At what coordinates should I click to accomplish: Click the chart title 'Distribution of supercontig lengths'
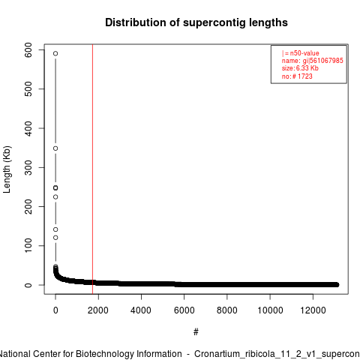point(196,22)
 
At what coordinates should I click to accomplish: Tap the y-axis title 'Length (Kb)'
point(7,169)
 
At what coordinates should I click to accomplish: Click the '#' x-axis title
point(196,332)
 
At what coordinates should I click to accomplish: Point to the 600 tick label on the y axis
point(28,50)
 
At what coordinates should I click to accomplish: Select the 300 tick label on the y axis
point(28,167)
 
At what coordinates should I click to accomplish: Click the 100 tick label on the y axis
point(28,246)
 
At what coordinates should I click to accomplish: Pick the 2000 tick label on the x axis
point(98,310)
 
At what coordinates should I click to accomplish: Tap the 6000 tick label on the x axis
point(184,310)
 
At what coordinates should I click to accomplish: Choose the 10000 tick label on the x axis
point(270,310)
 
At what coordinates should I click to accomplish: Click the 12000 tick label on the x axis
point(313,310)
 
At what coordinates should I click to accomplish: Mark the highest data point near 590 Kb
point(55,53)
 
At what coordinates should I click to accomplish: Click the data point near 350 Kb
point(55,148)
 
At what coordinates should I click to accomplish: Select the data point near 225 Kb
point(55,197)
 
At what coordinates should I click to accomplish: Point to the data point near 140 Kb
point(55,229)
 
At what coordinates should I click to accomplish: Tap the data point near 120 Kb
point(55,238)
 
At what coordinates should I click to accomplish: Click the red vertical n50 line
point(93,169)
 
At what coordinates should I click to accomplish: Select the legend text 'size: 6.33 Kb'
point(300,68)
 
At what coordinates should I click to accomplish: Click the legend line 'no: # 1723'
point(297,76)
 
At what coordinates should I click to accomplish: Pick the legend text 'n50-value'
point(304,53)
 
